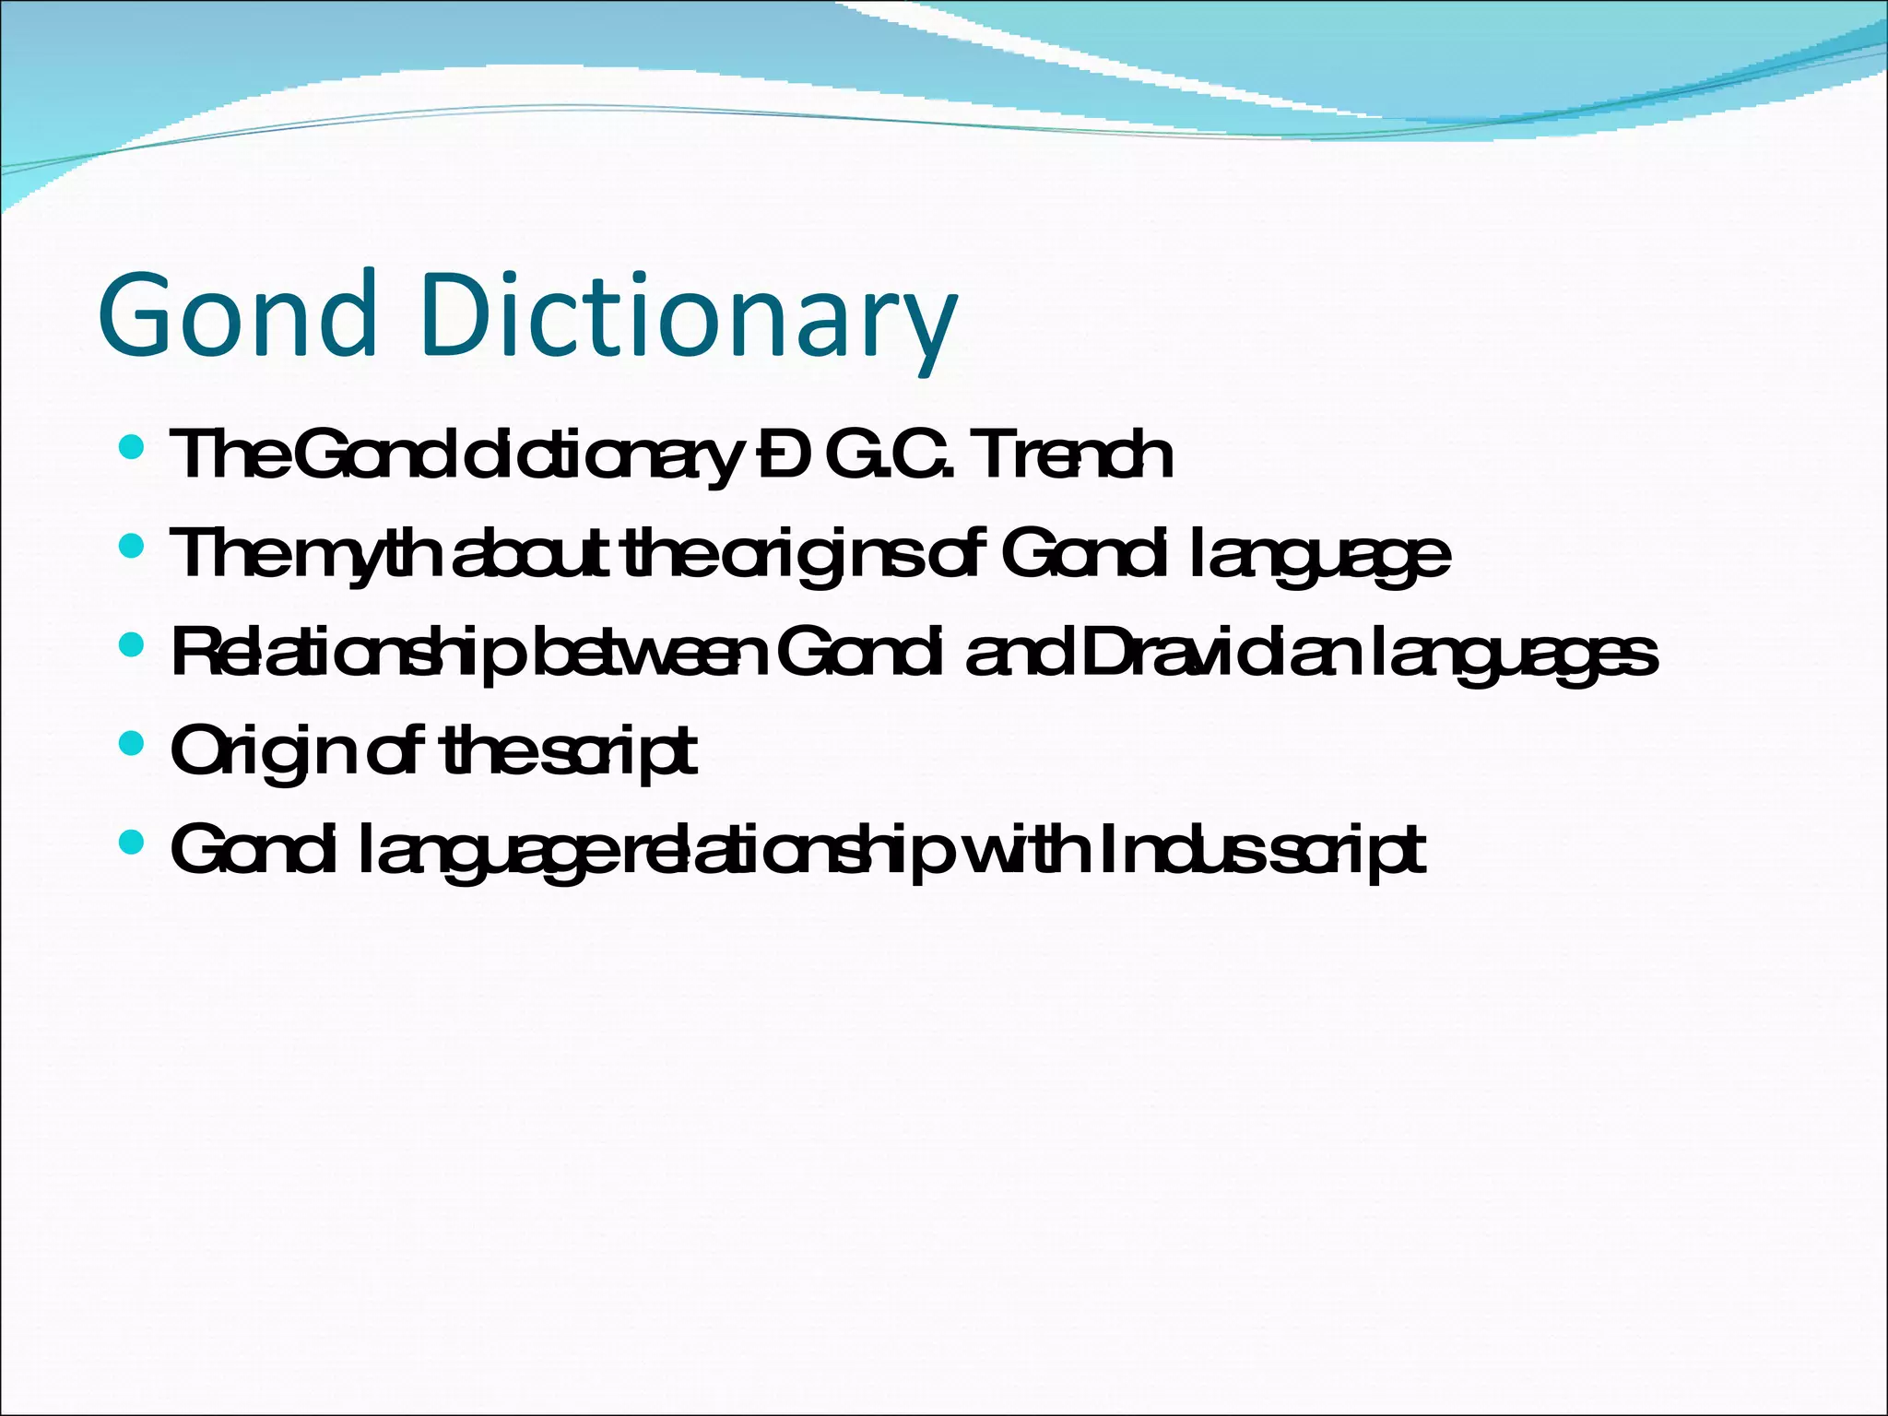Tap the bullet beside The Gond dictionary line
click(132, 449)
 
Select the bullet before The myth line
click(132, 548)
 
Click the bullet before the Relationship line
click(132, 646)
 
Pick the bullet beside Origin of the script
click(132, 743)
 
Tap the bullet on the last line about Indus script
click(132, 842)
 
